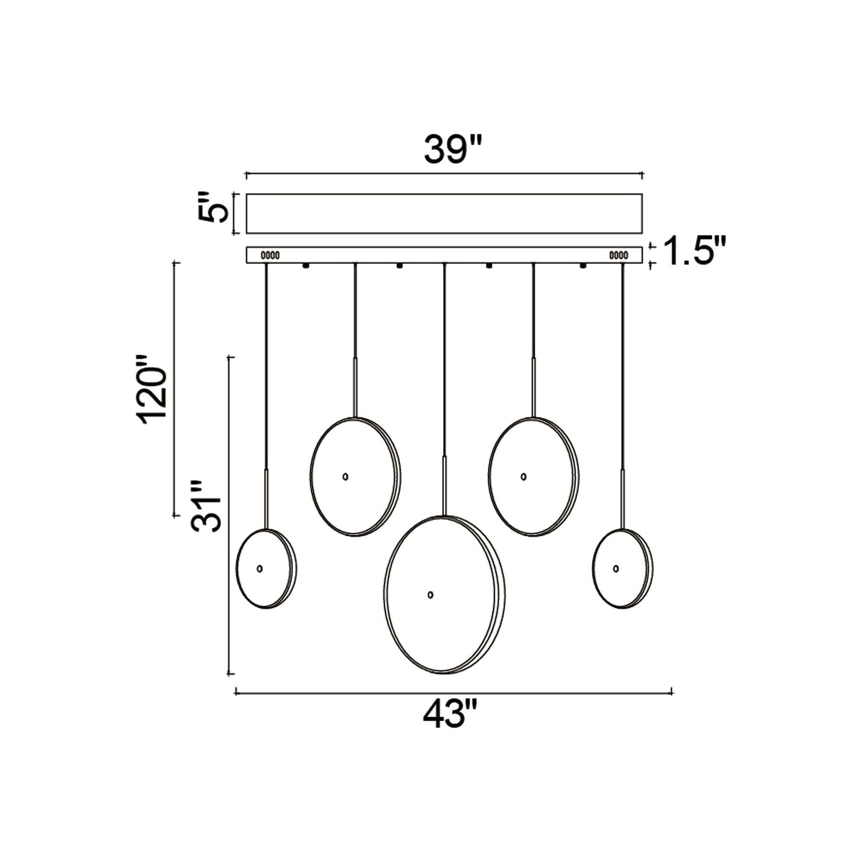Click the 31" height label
pos(206,506)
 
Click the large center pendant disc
pos(444,600)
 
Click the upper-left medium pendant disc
pos(356,477)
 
